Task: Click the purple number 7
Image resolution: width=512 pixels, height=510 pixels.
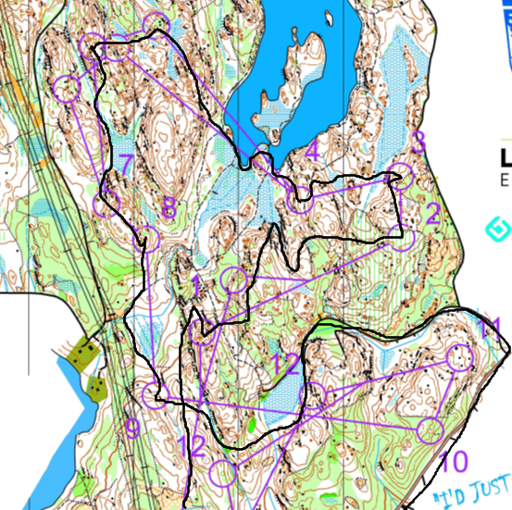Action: tap(126, 165)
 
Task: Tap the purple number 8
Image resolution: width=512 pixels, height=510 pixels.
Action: tap(168, 207)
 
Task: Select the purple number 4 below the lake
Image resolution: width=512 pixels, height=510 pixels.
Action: tap(311, 151)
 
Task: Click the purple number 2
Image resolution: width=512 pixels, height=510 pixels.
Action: tap(431, 214)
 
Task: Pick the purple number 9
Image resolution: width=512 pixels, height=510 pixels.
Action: tap(132, 428)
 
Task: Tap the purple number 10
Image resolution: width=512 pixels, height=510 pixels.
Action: tap(454, 460)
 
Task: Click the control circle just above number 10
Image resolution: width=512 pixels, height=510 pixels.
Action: tap(429, 430)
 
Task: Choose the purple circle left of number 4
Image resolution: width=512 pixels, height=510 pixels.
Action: tap(300, 199)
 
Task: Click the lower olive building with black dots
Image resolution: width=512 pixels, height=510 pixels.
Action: tap(95, 387)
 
